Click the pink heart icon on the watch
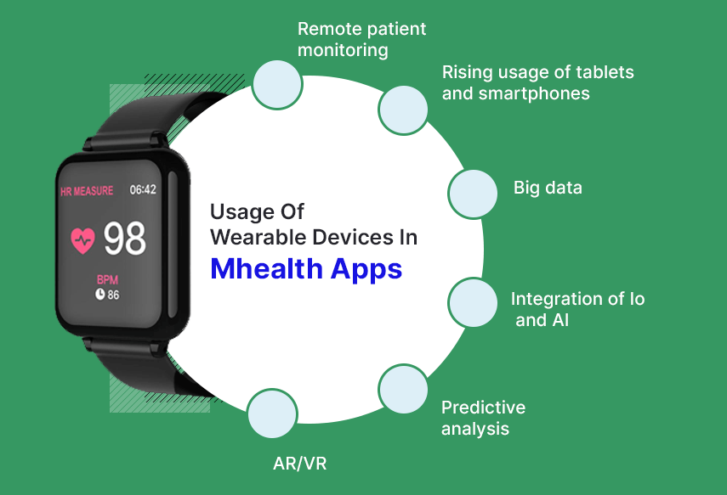click(82, 240)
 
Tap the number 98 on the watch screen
click(124, 239)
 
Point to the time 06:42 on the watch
click(143, 189)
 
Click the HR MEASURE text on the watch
click(87, 191)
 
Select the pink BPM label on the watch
click(108, 279)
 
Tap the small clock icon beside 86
click(100, 294)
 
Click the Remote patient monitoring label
click(361, 39)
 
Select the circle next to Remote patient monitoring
click(277, 85)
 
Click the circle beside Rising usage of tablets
click(403, 110)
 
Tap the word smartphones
click(534, 93)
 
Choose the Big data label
click(548, 188)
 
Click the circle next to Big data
click(473, 194)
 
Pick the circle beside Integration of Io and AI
click(473, 302)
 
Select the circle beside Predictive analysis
click(403, 389)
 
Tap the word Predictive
click(483, 408)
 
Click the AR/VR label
click(300, 464)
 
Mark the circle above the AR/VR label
click(272, 413)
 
